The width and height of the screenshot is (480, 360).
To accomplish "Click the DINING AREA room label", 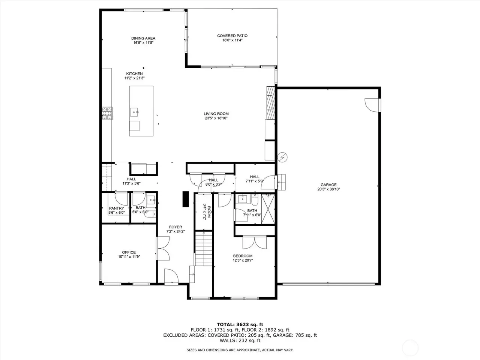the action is tap(143, 38).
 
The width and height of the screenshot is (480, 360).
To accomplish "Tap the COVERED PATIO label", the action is tap(232, 36).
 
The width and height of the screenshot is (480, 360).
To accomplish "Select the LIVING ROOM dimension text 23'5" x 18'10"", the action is tap(216, 118).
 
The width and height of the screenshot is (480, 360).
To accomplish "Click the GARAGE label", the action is tap(328, 185).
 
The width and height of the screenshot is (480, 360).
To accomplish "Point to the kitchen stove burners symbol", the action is tap(107, 113).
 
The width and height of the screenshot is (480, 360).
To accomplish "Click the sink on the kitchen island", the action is tap(134, 112).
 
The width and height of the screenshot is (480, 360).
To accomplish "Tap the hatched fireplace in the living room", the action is tap(270, 103).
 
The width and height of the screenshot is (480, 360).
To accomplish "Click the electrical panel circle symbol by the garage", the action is tap(282, 157).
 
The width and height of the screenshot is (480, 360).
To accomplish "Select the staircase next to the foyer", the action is tap(204, 249).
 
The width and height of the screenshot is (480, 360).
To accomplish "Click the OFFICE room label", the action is tap(129, 252).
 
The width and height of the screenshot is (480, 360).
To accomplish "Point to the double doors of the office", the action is tap(163, 249).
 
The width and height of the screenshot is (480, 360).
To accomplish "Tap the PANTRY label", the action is tap(116, 208).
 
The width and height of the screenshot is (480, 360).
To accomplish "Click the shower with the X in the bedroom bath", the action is tap(268, 209).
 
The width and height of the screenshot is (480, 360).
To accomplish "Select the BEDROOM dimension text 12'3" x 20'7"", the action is tap(243, 260).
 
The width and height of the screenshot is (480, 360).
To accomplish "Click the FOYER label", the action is tap(175, 227).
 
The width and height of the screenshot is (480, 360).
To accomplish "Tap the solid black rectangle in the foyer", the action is tap(186, 199).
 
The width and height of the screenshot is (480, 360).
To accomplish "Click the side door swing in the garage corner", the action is tap(372, 105).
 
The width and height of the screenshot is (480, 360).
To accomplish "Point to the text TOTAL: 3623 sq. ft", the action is tap(240, 325).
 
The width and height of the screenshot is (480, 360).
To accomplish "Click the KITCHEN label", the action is tap(135, 74).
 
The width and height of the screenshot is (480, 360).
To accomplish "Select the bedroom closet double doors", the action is tap(255, 242).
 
